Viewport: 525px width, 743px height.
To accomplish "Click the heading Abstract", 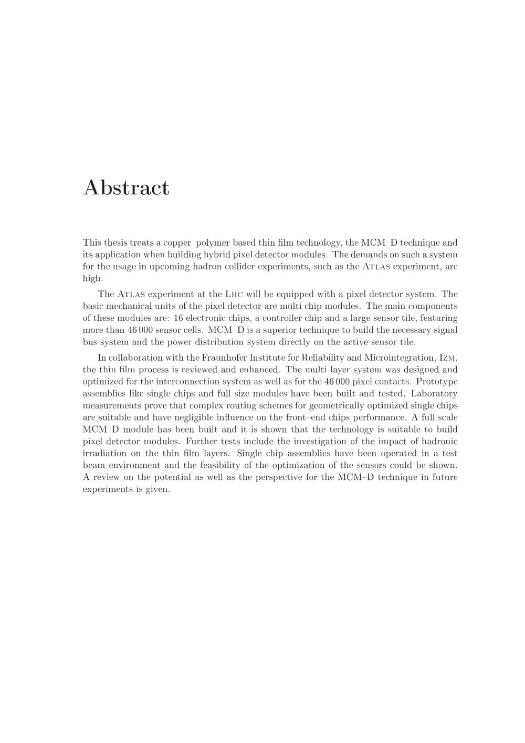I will (126, 187).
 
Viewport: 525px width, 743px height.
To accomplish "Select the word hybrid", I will (222, 255).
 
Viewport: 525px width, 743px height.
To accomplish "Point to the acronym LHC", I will (234, 295).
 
